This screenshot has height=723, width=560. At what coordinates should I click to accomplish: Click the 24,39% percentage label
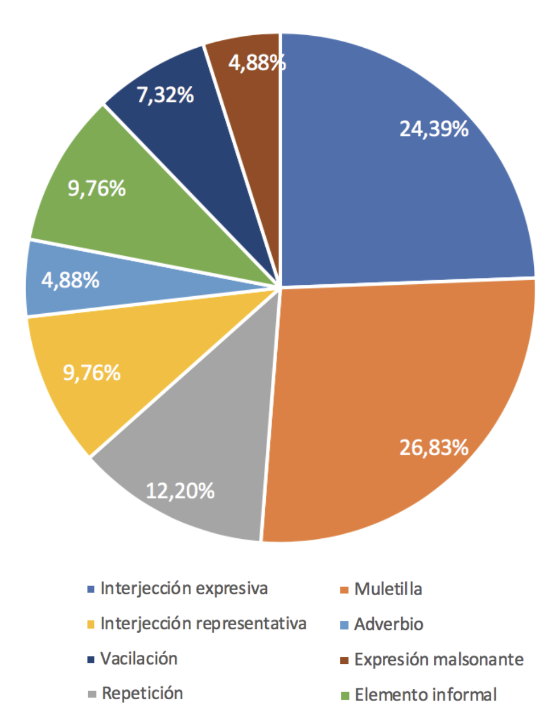(x=434, y=129)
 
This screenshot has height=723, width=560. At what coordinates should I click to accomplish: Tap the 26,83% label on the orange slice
(x=434, y=447)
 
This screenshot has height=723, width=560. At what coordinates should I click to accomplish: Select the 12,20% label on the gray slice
(x=180, y=490)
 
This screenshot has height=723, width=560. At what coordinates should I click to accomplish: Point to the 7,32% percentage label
(x=165, y=95)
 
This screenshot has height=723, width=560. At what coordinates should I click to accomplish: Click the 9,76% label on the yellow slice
(x=92, y=373)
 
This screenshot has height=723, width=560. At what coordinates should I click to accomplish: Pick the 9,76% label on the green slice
(x=97, y=188)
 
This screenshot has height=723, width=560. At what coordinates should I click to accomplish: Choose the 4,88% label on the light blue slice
(x=71, y=280)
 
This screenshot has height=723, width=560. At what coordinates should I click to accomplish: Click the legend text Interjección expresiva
(x=184, y=588)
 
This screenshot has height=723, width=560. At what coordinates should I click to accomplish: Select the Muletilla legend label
(x=388, y=589)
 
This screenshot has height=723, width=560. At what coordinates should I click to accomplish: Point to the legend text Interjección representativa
(x=203, y=624)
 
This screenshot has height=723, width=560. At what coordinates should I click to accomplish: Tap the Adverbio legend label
(x=389, y=624)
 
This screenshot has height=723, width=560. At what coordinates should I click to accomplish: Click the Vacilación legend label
(x=139, y=659)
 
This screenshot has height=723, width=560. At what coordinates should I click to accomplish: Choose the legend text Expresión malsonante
(x=439, y=659)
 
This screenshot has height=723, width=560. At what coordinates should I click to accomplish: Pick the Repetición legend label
(x=142, y=693)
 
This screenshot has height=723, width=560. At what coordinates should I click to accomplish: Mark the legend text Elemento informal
(x=426, y=695)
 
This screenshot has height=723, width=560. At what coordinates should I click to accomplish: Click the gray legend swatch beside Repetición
(x=92, y=695)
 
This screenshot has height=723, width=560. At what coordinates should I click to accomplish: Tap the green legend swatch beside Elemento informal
(x=344, y=695)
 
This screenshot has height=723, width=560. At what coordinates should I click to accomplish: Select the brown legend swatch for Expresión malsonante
(x=344, y=660)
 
